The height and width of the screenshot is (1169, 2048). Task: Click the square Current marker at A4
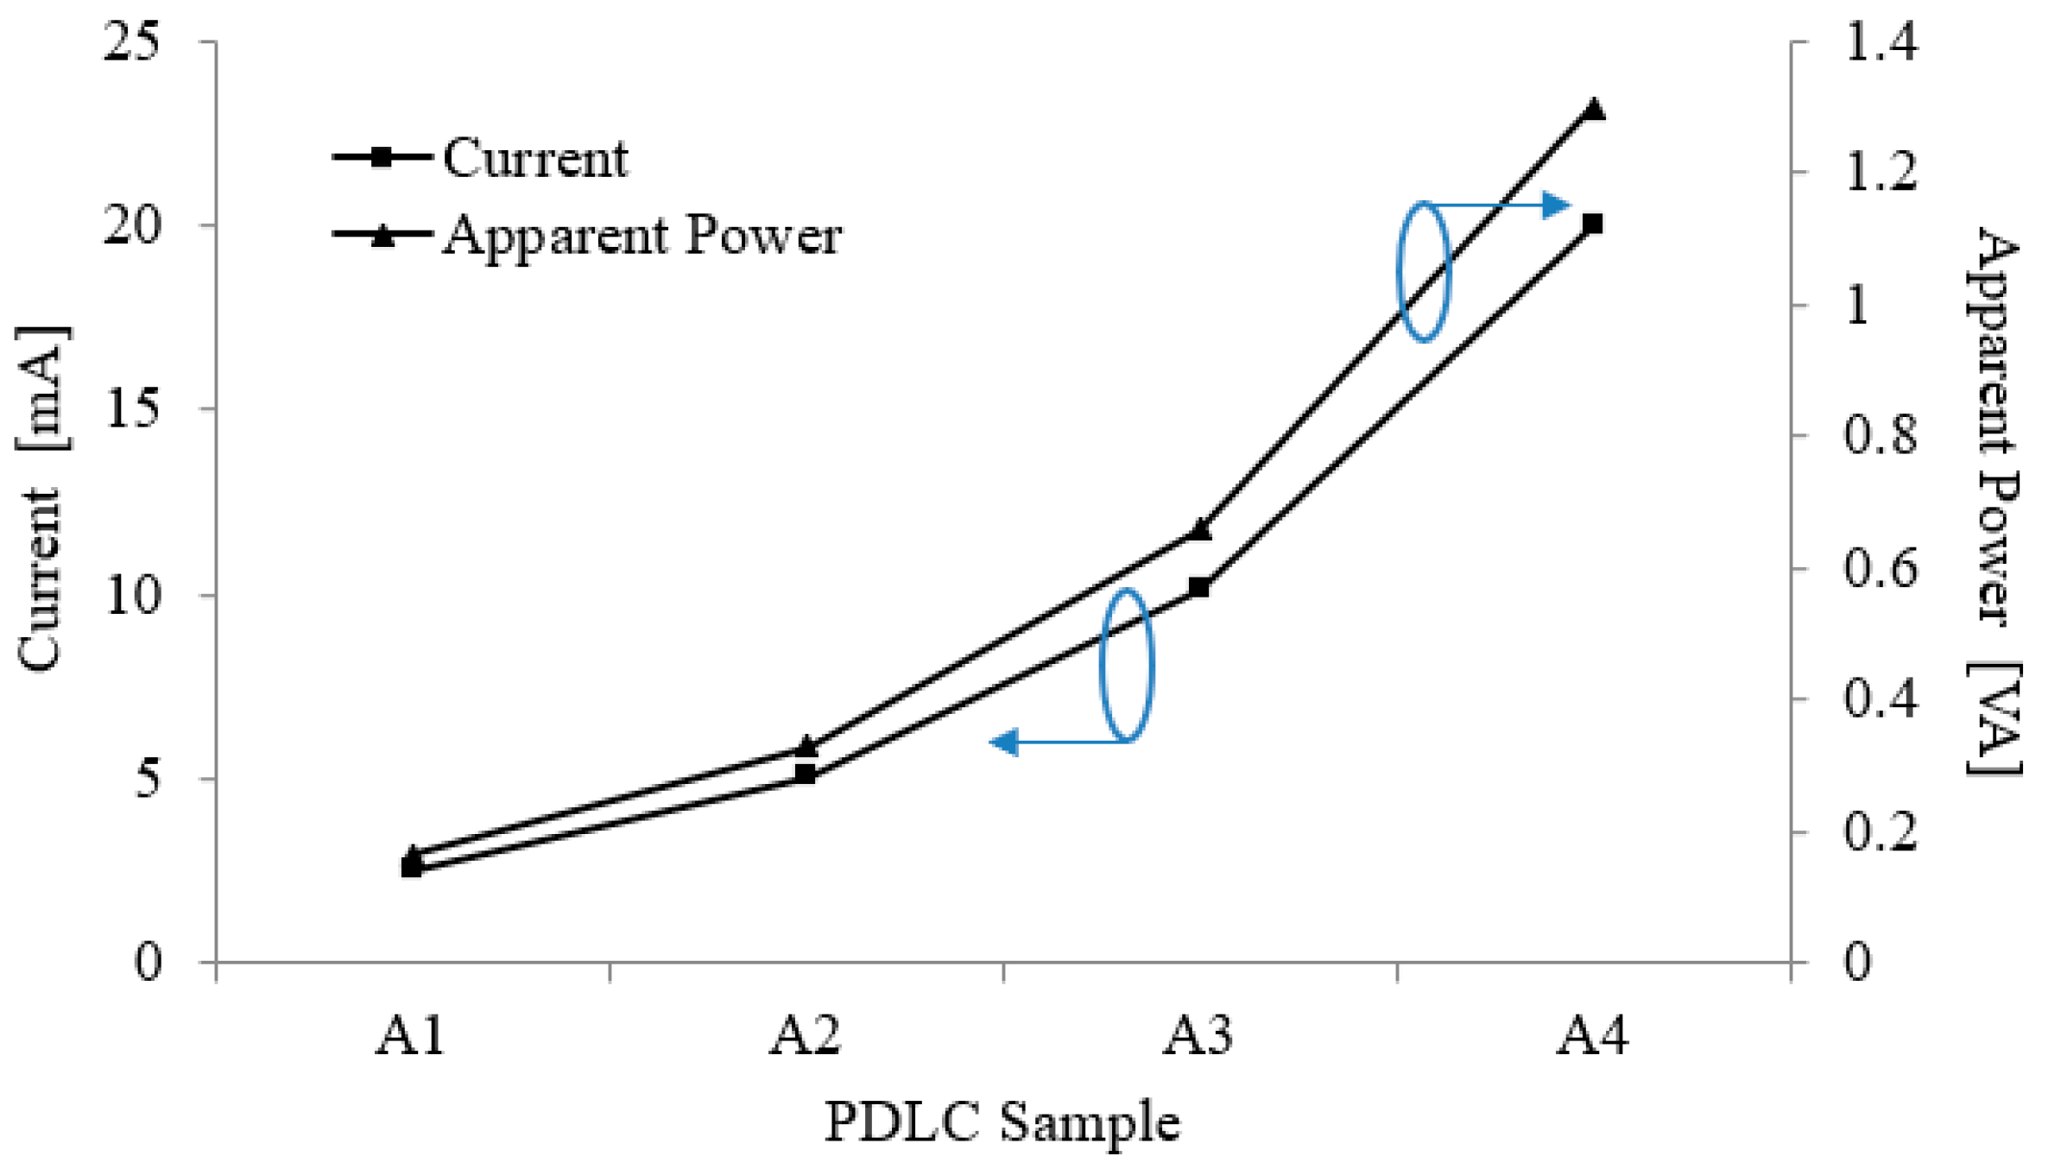point(1593,224)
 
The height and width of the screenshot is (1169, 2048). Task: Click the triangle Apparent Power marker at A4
point(1594,111)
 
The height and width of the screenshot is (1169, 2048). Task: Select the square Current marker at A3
point(1199,587)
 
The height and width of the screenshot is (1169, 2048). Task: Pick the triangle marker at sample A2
point(806,747)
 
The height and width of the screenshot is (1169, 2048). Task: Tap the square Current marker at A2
point(806,774)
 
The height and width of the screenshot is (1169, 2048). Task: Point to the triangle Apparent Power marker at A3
point(1199,530)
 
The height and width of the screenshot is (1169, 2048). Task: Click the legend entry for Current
point(534,159)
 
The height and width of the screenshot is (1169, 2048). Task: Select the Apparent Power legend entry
point(642,235)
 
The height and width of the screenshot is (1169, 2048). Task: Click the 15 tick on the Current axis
point(131,409)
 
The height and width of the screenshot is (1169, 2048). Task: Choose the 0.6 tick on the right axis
point(1880,569)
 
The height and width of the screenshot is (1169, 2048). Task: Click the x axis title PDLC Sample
point(1002,1123)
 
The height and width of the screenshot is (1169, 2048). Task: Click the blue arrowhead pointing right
point(1556,205)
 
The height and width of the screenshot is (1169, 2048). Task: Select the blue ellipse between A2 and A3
point(1127,665)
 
